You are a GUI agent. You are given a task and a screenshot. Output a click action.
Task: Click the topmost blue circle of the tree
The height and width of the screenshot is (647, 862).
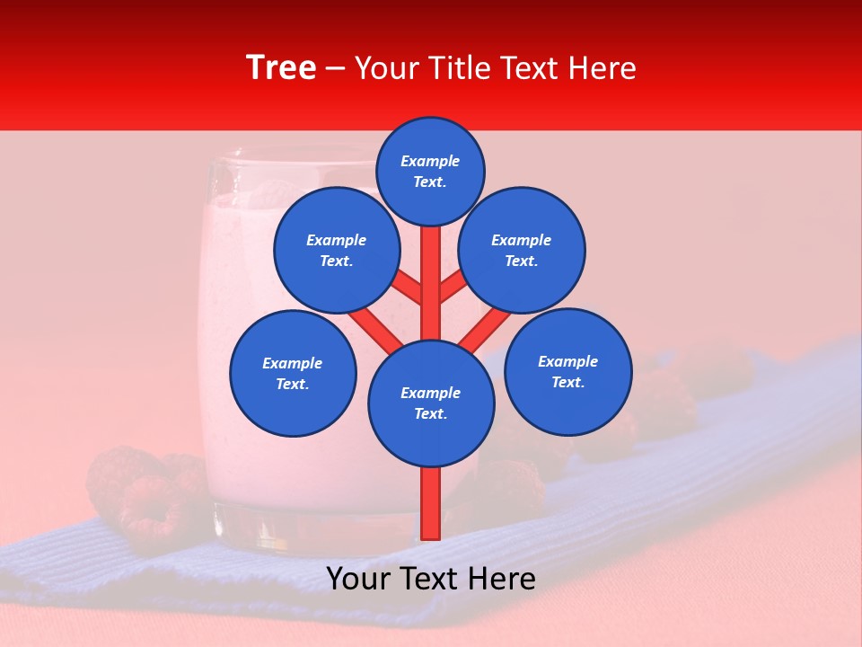click(430, 171)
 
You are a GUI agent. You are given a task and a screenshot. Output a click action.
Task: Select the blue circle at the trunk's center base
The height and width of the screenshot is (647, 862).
click(431, 403)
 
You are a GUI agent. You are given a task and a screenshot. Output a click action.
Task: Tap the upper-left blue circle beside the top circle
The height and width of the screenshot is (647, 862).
click(336, 251)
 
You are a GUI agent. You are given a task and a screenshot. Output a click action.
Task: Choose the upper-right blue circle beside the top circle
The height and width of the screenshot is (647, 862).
click(522, 251)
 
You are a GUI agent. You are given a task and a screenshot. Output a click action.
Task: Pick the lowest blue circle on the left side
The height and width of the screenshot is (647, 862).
click(293, 374)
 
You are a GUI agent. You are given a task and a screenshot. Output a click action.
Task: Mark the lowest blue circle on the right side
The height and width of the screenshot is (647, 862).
click(567, 372)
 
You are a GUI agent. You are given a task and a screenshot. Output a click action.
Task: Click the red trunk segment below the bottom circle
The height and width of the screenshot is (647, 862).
click(431, 502)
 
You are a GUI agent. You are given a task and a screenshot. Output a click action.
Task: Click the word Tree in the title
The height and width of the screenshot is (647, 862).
click(281, 68)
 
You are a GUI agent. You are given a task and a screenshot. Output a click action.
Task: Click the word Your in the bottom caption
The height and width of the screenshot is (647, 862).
click(357, 580)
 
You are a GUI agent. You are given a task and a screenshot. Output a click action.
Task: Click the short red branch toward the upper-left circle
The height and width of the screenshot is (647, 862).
click(409, 288)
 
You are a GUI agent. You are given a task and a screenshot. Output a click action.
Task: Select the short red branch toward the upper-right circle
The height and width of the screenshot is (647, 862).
click(452, 288)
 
